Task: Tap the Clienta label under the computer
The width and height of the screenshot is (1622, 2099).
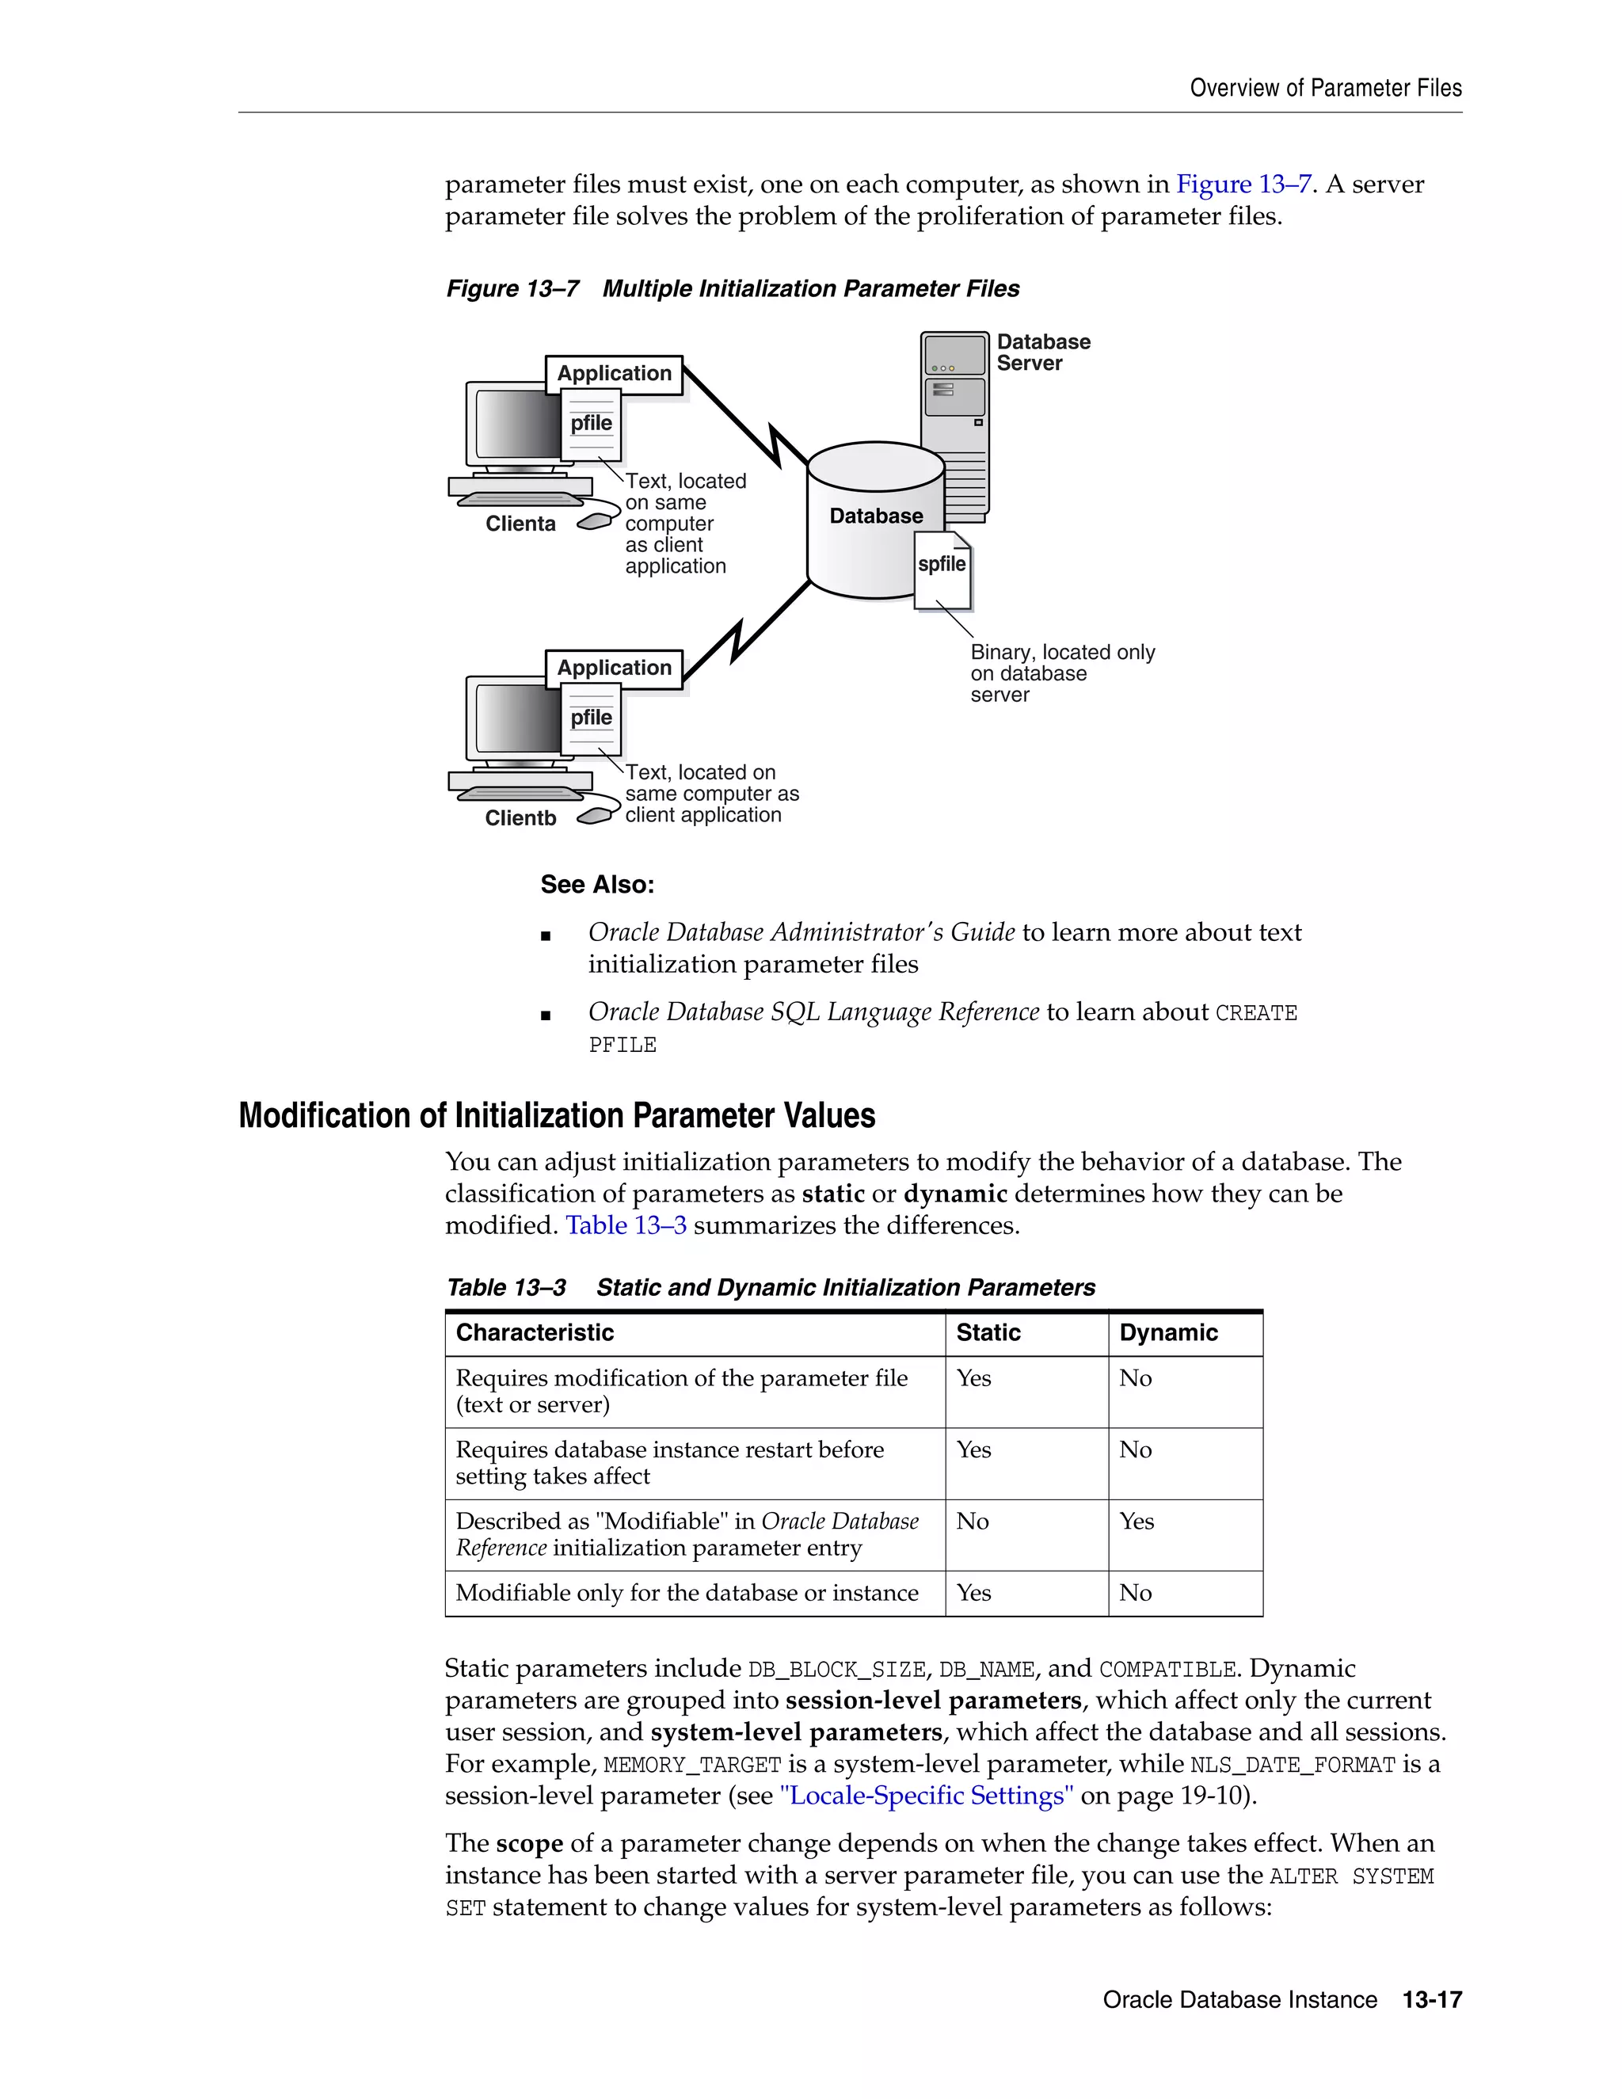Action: coord(520,524)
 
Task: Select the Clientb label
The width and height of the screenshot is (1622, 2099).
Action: coord(520,818)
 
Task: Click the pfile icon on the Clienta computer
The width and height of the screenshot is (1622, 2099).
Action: coord(591,424)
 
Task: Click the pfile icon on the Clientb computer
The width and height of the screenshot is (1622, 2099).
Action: coord(591,718)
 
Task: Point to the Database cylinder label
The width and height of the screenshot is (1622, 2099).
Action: coord(875,516)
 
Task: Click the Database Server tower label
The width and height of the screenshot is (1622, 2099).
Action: coord(1042,352)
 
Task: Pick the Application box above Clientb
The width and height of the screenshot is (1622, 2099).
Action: coord(614,668)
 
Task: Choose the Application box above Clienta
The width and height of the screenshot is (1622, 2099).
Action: coord(614,374)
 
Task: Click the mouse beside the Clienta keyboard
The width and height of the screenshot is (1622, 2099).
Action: coord(596,521)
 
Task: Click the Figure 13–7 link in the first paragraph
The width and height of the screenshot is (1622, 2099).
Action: coord(1243,185)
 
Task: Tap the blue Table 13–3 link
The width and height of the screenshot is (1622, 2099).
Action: coord(626,1225)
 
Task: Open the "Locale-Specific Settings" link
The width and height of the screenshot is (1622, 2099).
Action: coord(927,1796)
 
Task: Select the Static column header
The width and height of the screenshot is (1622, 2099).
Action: coord(988,1333)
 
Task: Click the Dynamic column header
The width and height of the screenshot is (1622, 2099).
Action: coord(1167,1333)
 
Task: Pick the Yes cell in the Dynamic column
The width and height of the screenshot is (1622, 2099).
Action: coord(1137,1522)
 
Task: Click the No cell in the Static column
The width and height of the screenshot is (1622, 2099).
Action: coord(973,1522)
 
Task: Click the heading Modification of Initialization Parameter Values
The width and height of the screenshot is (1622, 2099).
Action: coord(556,1116)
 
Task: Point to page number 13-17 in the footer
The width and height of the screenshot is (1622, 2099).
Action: coord(1432,2000)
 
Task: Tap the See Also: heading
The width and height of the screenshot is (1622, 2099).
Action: coord(596,884)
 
